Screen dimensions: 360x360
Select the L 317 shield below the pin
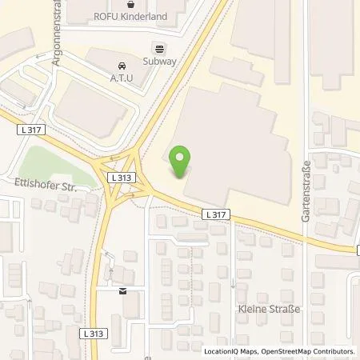pyautogui.click(x=215, y=214)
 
